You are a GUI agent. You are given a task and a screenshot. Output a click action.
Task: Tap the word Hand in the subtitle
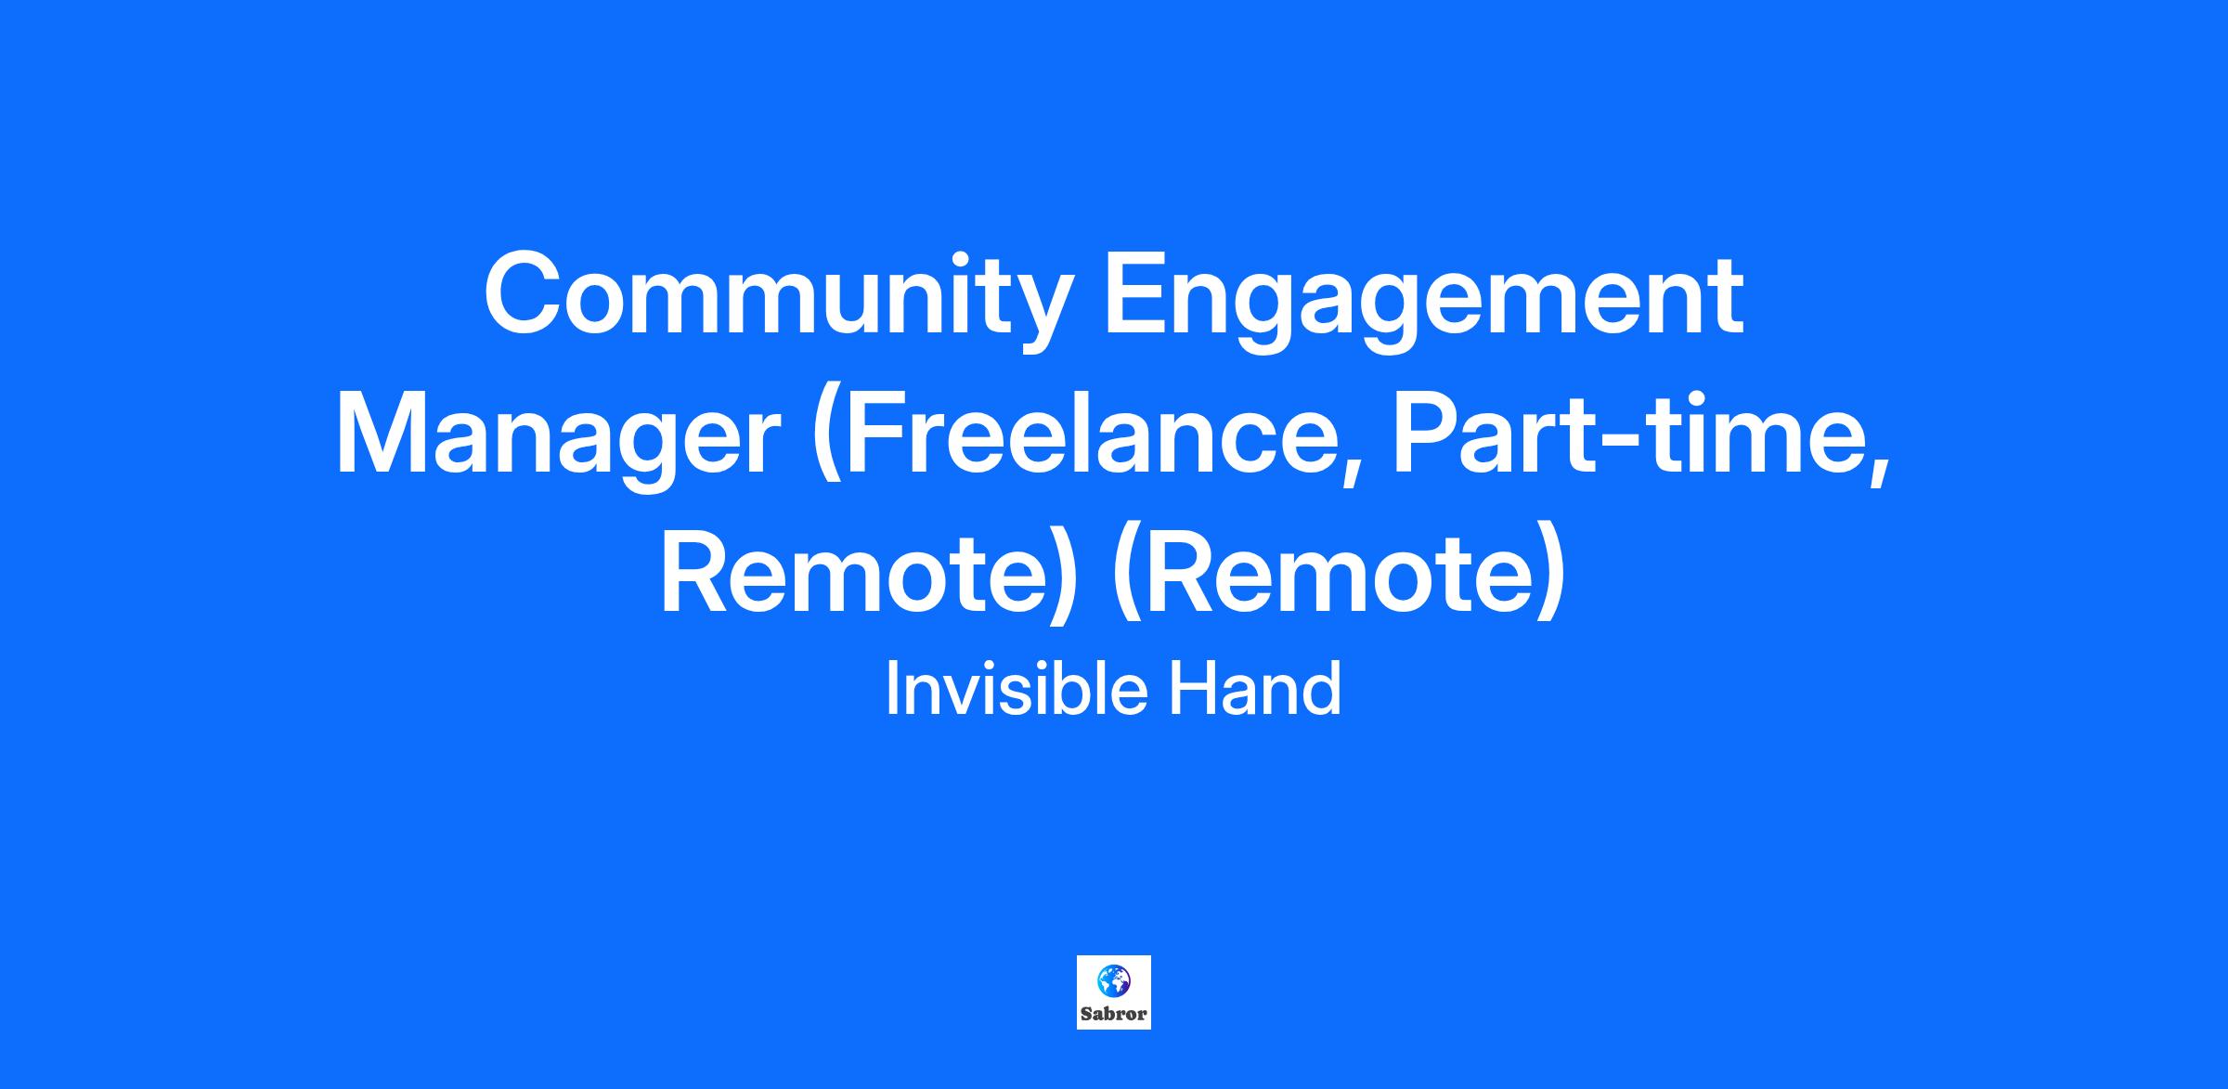[x=1254, y=688]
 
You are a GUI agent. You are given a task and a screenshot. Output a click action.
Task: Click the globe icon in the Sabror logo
[x=1113, y=980]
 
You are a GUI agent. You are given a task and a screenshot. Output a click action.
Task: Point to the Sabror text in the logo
[x=1114, y=1014]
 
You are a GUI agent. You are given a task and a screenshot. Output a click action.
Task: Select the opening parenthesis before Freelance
[x=826, y=440]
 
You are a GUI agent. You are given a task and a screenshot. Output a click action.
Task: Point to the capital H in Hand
[x=1191, y=688]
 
